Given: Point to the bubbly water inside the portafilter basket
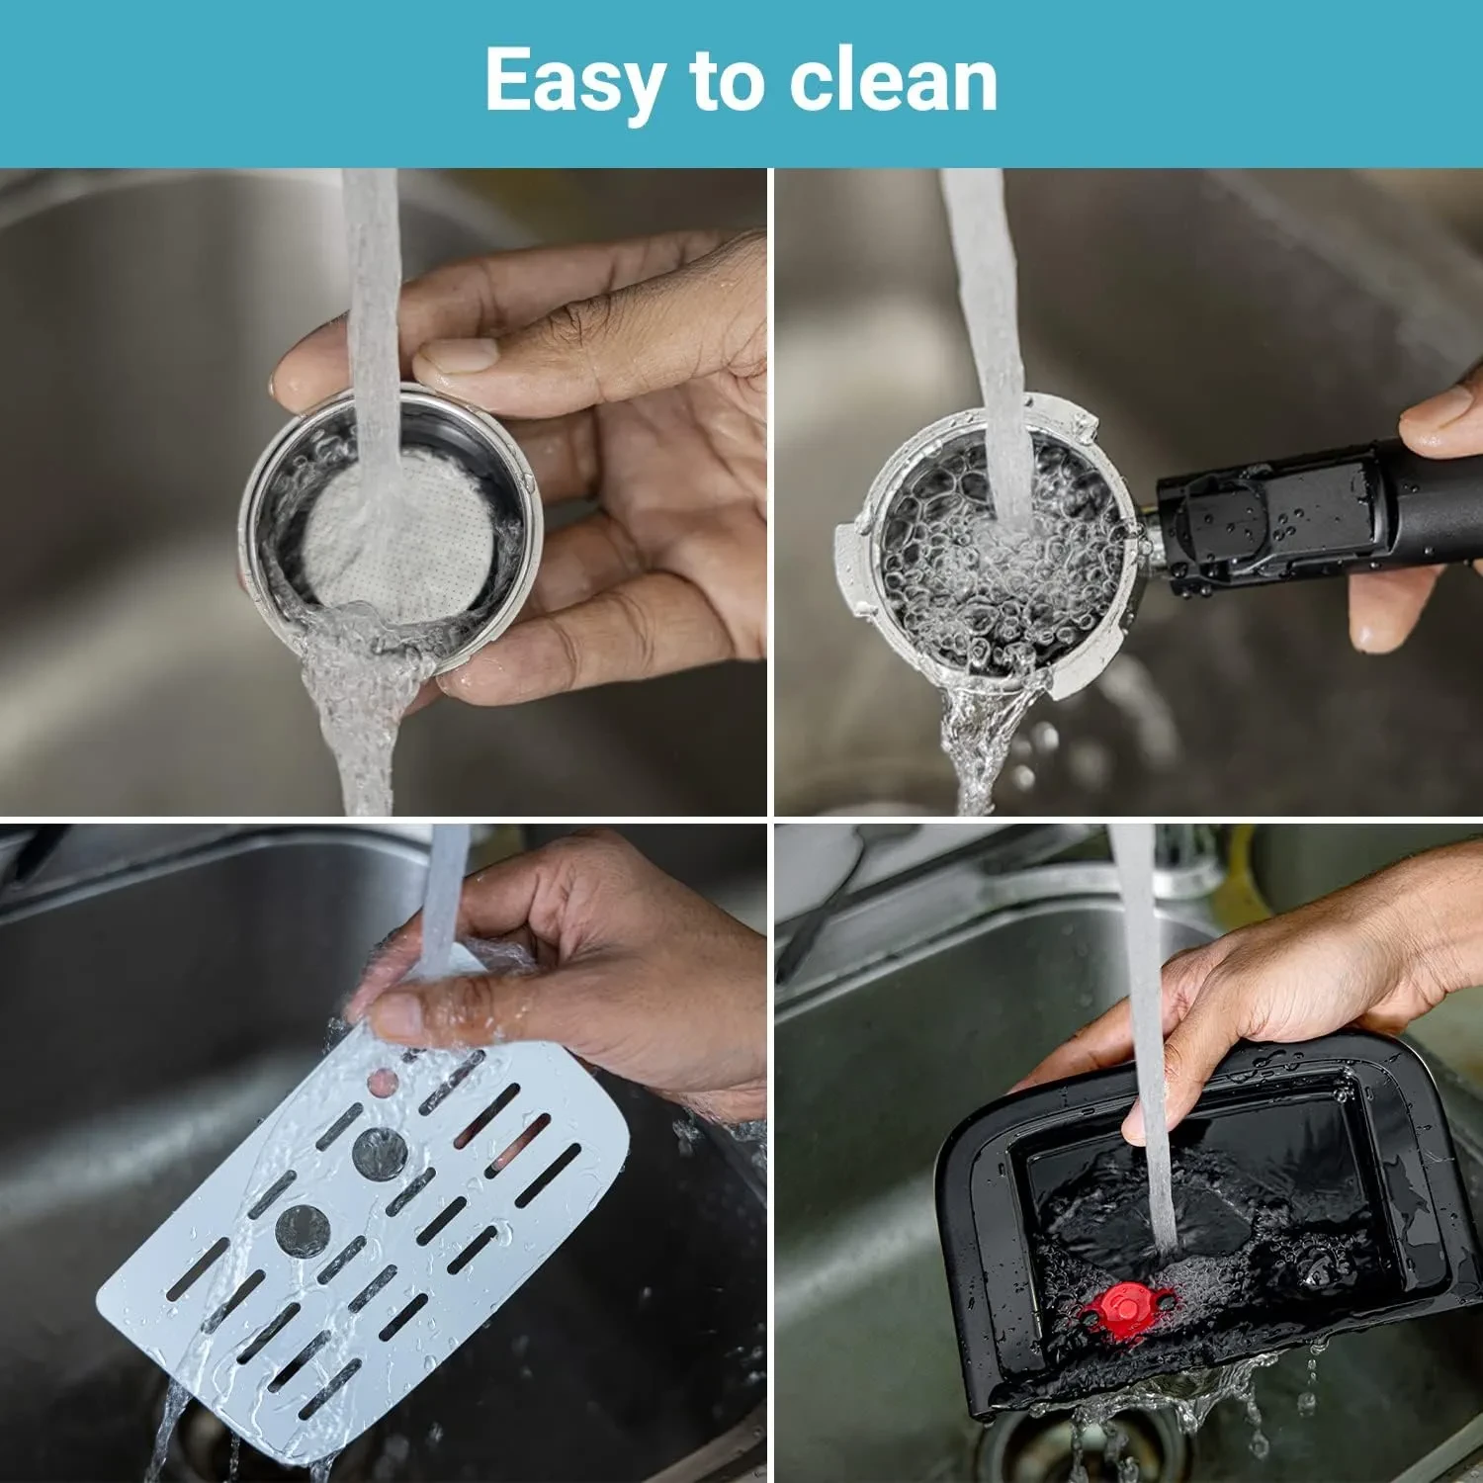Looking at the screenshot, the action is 999,554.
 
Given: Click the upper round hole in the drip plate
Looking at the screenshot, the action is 380,1153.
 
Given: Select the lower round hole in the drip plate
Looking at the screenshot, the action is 303,1230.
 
